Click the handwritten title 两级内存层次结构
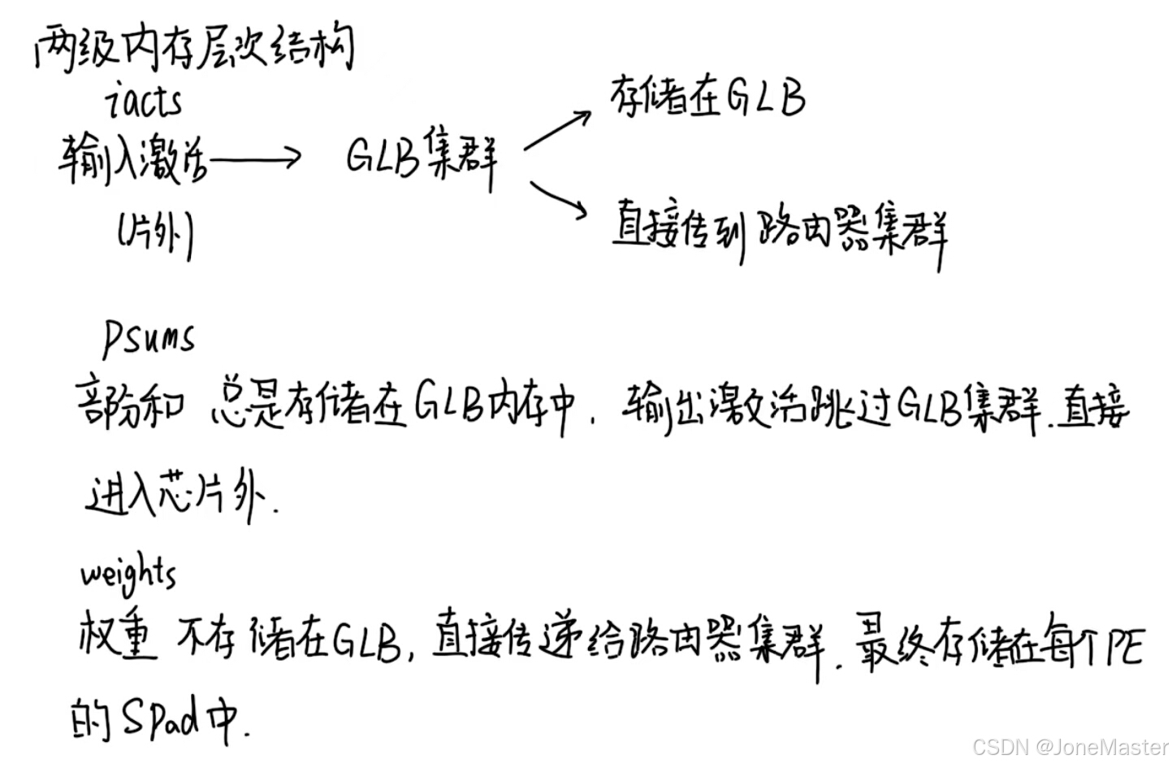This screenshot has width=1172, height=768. point(195,47)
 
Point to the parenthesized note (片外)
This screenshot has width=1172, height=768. point(154,235)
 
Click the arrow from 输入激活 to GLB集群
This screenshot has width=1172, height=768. point(254,158)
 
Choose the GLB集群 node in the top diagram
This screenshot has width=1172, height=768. point(421,157)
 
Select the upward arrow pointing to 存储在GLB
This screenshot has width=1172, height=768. point(558,131)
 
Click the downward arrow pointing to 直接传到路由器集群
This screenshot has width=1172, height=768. point(559,199)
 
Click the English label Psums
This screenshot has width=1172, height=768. point(149,336)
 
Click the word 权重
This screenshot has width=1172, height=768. point(118,635)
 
